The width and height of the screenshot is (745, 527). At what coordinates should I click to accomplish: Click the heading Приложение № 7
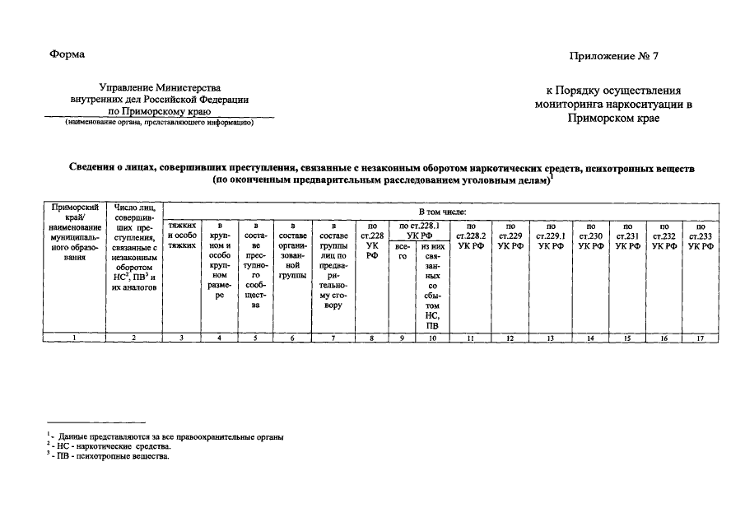tap(613, 56)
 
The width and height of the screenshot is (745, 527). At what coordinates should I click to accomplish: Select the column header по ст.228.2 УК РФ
tap(470, 236)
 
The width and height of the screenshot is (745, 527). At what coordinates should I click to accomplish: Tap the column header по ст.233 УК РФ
tap(700, 236)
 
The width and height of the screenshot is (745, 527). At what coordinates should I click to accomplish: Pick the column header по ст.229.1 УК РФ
tap(551, 236)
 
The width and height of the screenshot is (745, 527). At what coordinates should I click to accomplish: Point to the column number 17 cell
tap(700, 338)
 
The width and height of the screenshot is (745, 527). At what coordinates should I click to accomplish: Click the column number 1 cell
tap(75, 338)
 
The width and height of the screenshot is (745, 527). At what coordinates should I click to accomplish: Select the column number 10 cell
tap(432, 338)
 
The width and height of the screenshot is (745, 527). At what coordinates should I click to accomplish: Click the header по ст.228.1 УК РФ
tap(418, 230)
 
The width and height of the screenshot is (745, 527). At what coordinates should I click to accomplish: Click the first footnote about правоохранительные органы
tap(165, 436)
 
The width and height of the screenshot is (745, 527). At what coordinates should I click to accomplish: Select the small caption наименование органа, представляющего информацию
tap(159, 122)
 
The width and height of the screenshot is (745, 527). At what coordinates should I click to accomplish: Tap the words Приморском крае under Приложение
tap(613, 118)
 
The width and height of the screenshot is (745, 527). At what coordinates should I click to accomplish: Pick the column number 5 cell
tap(256, 338)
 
